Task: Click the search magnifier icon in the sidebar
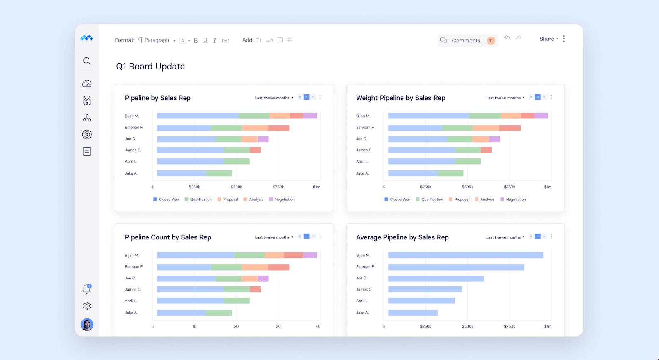86,61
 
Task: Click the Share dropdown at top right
548,39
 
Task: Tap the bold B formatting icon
196,41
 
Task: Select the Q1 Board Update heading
150,67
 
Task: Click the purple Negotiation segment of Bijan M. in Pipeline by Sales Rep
310,116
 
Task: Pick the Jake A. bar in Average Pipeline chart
412,313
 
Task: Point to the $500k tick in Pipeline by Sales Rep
236,187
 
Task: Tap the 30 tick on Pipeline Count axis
278,326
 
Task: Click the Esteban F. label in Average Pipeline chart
365,267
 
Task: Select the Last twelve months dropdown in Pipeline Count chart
274,237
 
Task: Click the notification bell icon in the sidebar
86,289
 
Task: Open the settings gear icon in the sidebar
86,306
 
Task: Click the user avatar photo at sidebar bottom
87,325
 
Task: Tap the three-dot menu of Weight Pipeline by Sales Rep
551,97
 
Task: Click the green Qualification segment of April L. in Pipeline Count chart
236,301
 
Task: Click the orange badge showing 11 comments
491,41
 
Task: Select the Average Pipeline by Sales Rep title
402,237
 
